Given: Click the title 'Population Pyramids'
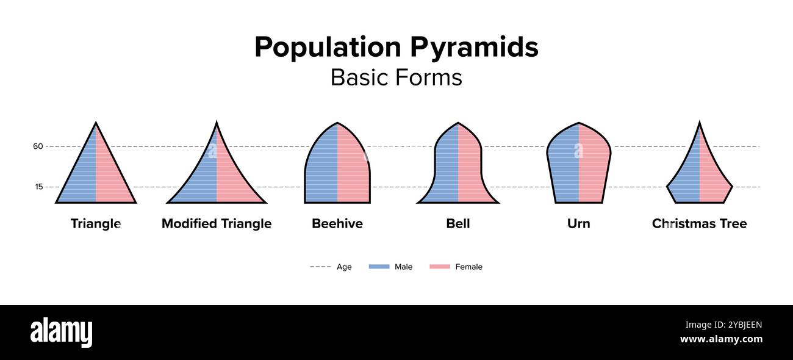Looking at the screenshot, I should [396, 47].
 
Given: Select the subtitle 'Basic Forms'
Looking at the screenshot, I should [396, 77].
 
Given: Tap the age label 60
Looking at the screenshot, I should [38, 146].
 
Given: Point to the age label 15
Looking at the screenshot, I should [38, 187].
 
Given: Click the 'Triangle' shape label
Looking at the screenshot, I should [96, 223].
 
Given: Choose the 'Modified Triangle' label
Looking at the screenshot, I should [217, 223].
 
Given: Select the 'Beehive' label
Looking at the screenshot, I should [337, 223].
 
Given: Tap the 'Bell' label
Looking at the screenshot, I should [458, 223].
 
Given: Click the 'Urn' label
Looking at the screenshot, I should [579, 223].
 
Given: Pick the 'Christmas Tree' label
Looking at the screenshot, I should [699, 223].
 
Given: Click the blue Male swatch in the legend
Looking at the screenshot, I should [379, 267].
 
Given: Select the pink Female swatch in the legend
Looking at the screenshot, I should [440, 267].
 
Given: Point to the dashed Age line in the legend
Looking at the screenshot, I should [320, 267].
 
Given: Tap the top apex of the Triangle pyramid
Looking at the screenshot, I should [96, 124].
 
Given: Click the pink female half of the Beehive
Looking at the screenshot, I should [353, 171].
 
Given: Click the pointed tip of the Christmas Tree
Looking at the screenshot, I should [699, 124].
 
